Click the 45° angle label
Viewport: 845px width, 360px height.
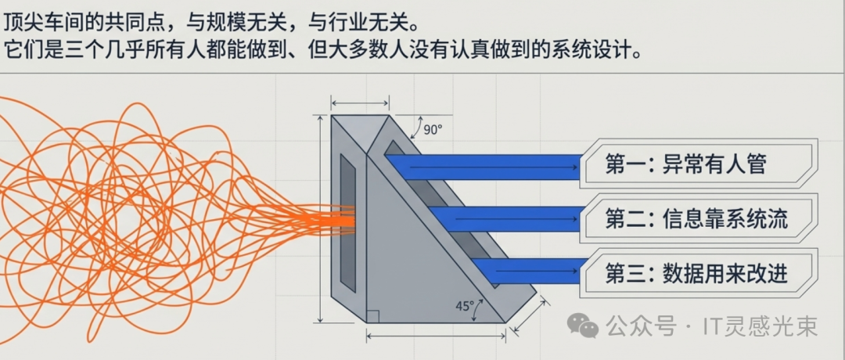click(x=466, y=307)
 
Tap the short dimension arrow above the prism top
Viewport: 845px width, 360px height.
click(x=360, y=103)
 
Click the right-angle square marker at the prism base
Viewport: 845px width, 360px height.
click(x=373, y=315)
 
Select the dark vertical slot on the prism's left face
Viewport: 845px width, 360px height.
click(x=347, y=219)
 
